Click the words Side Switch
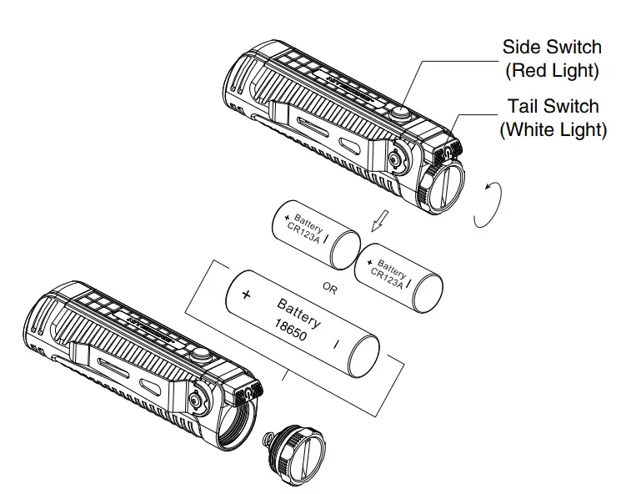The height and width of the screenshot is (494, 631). pyautogui.click(x=551, y=48)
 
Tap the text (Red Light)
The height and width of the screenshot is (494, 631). pyautogui.click(x=552, y=71)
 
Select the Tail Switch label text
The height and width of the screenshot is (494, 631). pyautogui.click(x=553, y=107)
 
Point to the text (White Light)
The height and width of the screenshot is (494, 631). pyautogui.click(x=553, y=130)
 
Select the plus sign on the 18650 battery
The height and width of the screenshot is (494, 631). pyautogui.click(x=246, y=295)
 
